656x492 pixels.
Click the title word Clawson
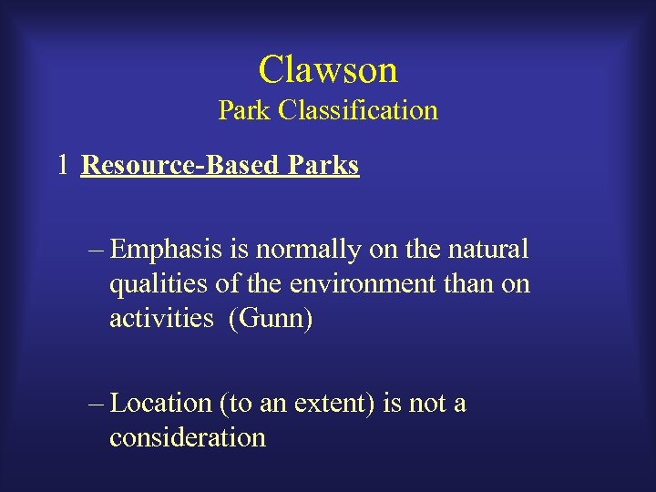click(x=328, y=69)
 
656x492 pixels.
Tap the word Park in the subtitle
click(x=245, y=111)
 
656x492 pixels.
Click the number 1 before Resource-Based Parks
click(x=62, y=166)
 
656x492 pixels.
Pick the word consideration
click(x=188, y=438)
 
